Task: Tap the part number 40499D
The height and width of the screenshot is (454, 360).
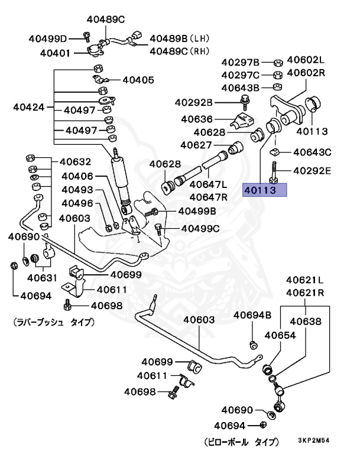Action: pos(48,39)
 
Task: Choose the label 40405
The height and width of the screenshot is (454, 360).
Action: pos(138,79)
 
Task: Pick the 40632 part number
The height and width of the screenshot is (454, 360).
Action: pos(74,161)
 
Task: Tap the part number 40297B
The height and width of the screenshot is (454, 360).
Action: pos(241,62)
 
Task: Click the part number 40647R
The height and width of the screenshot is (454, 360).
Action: pos(209,196)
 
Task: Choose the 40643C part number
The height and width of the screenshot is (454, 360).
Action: pos(312,153)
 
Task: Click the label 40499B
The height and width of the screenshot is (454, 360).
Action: pos(197,211)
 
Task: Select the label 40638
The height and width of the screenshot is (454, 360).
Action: pos(305,322)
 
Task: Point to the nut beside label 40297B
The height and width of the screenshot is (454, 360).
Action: pos(277,61)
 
